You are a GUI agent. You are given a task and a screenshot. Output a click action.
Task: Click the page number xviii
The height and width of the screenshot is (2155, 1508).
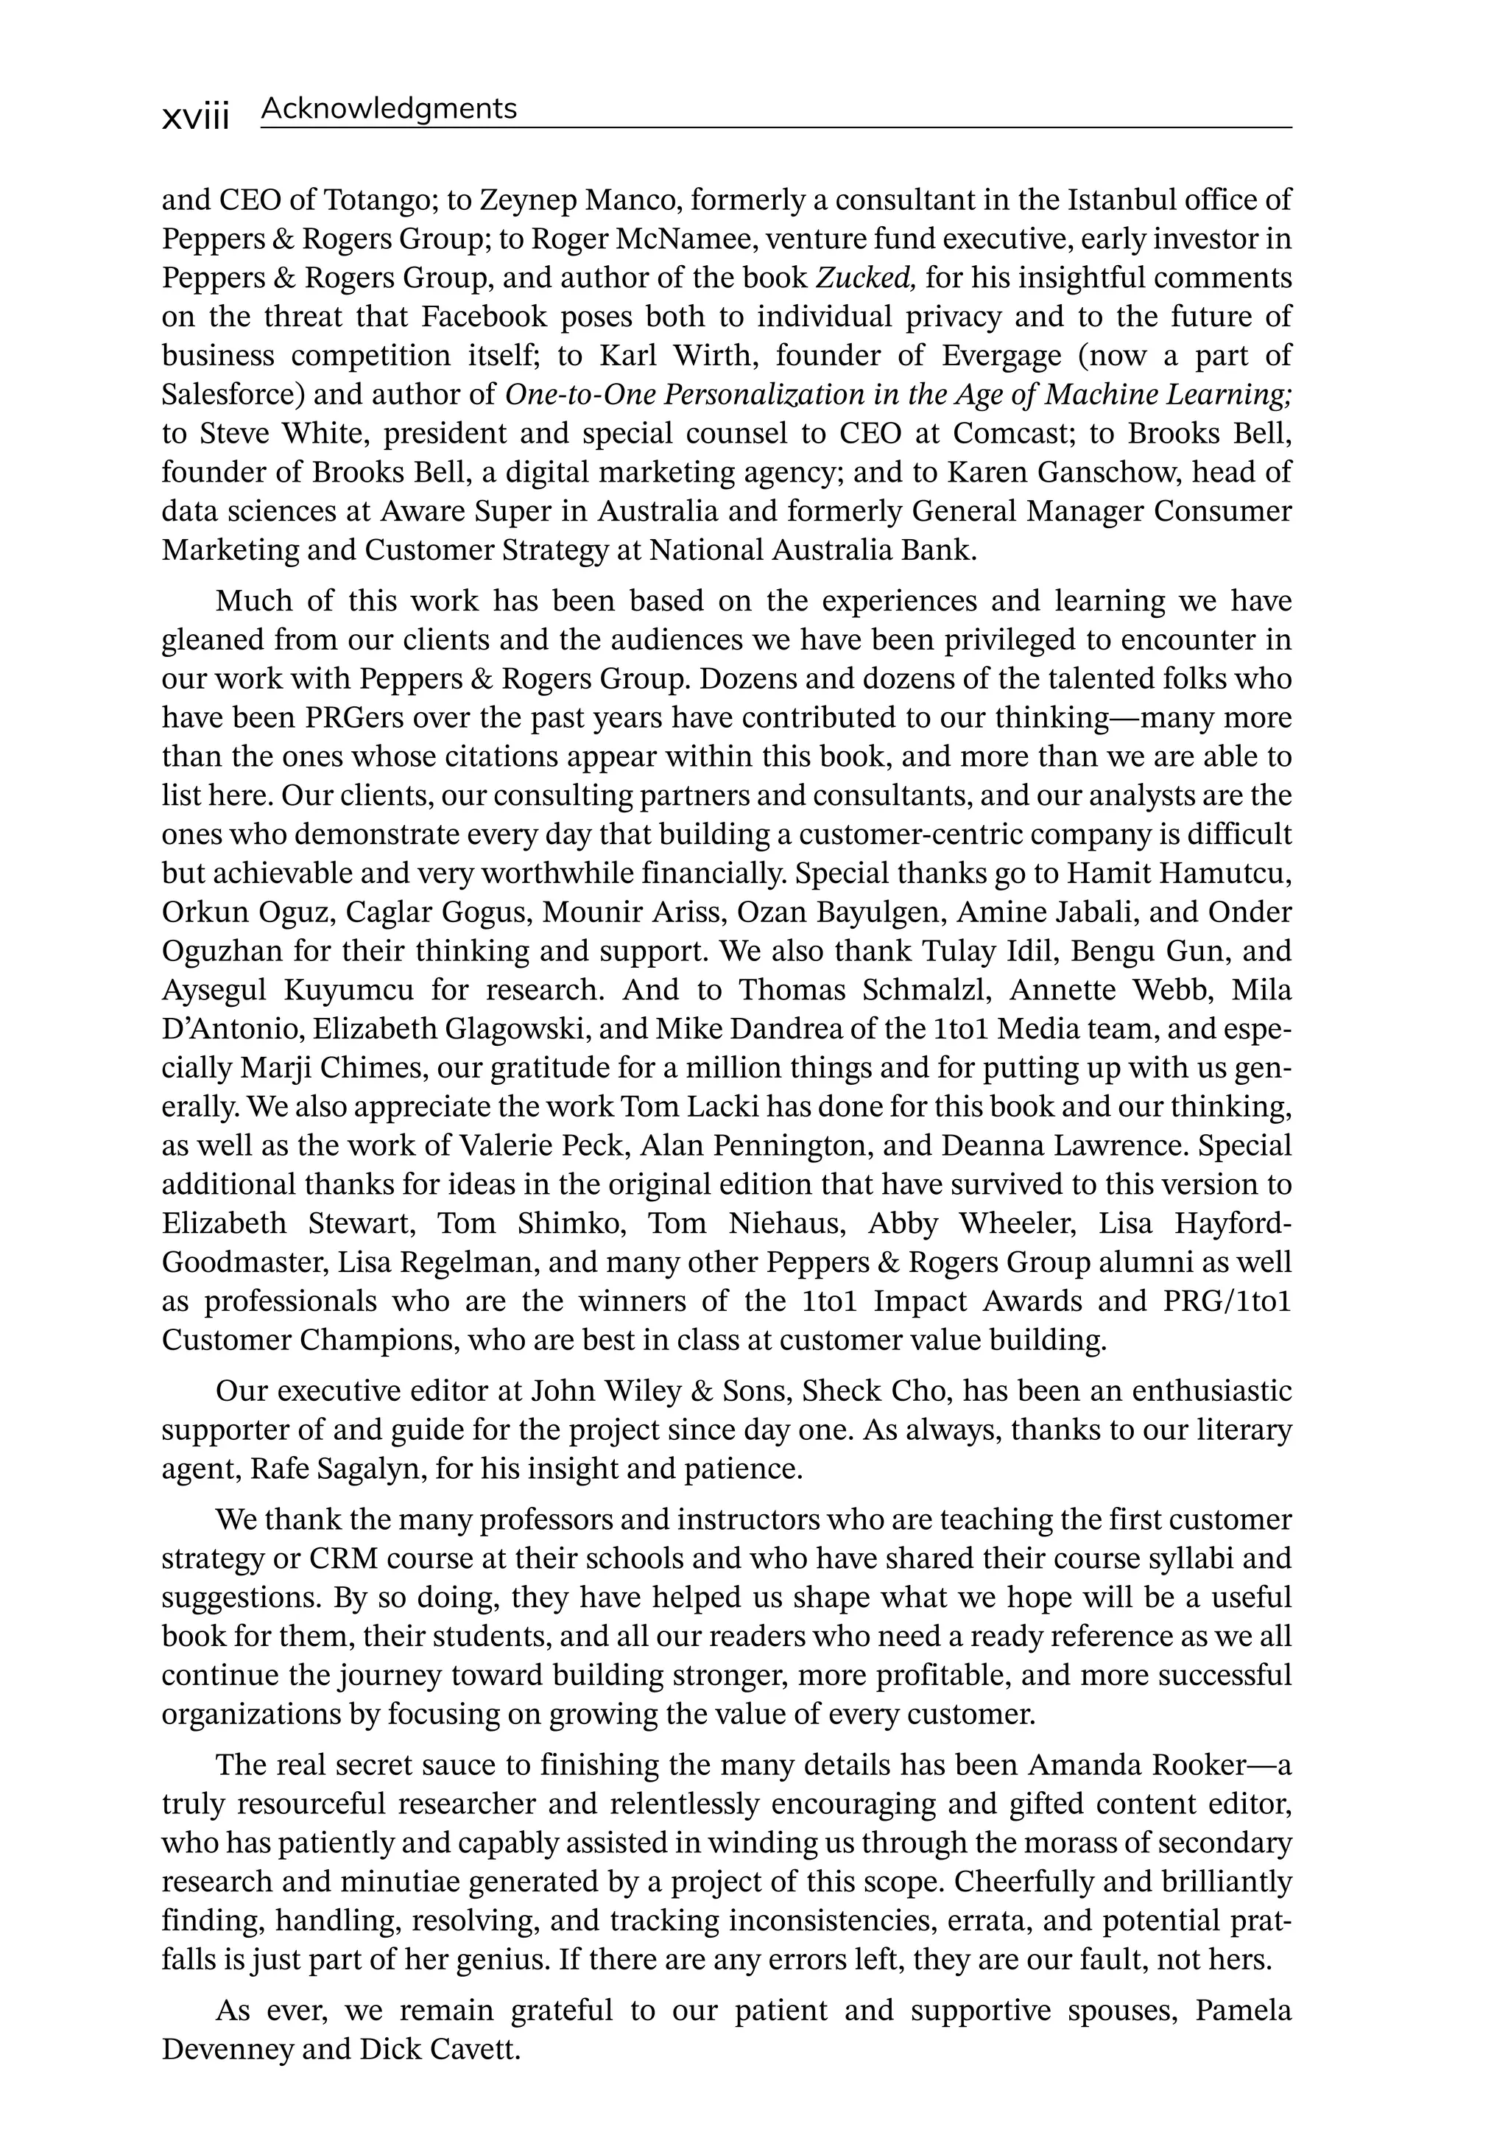[x=195, y=117]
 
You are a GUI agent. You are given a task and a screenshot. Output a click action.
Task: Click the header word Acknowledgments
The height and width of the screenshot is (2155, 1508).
[x=389, y=109]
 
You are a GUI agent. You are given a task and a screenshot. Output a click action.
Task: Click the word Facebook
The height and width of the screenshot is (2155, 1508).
[x=483, y=317]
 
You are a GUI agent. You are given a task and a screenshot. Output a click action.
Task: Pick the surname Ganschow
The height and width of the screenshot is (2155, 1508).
[x=1108, y=472]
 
